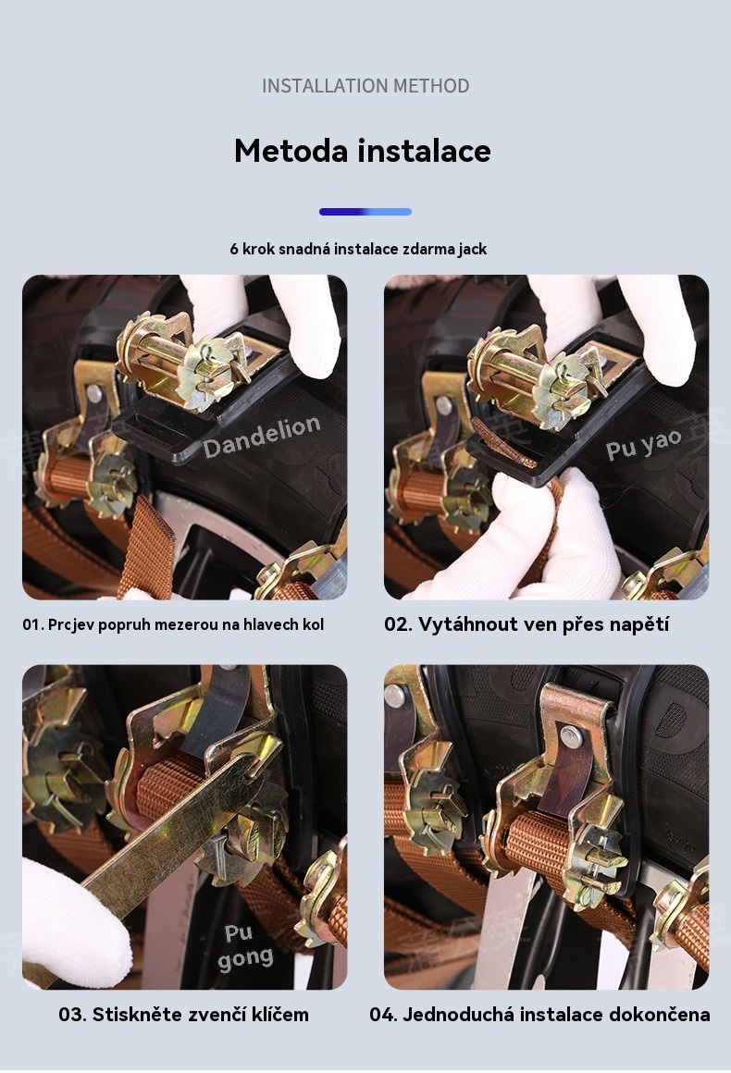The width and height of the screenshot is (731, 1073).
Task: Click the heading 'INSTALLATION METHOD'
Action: click(365, 85)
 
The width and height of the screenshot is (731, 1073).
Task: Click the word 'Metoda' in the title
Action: click(291, 151)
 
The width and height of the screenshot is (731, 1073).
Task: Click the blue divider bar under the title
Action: click(365, 212)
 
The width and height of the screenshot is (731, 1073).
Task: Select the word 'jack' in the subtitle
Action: click(473, 249)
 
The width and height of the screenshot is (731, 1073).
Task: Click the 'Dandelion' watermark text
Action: click(262, 436)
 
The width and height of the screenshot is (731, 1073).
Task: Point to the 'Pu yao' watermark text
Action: click(643, 443)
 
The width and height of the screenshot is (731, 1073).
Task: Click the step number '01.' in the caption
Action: click(33, 624)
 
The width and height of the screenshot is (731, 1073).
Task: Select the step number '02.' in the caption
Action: click(398, 624)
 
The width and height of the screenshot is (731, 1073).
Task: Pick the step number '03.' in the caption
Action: click(72, 1014)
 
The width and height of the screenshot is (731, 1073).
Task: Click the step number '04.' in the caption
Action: click(384, 1014)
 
